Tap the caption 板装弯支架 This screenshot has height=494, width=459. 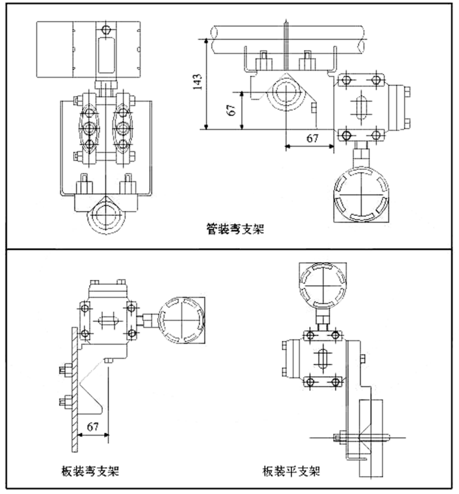89,471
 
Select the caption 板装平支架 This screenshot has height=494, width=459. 291,471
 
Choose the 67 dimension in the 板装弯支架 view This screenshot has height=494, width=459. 92,426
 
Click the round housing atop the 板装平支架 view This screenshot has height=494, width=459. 322,283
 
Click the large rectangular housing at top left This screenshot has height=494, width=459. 89,48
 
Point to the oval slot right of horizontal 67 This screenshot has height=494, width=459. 361,108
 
